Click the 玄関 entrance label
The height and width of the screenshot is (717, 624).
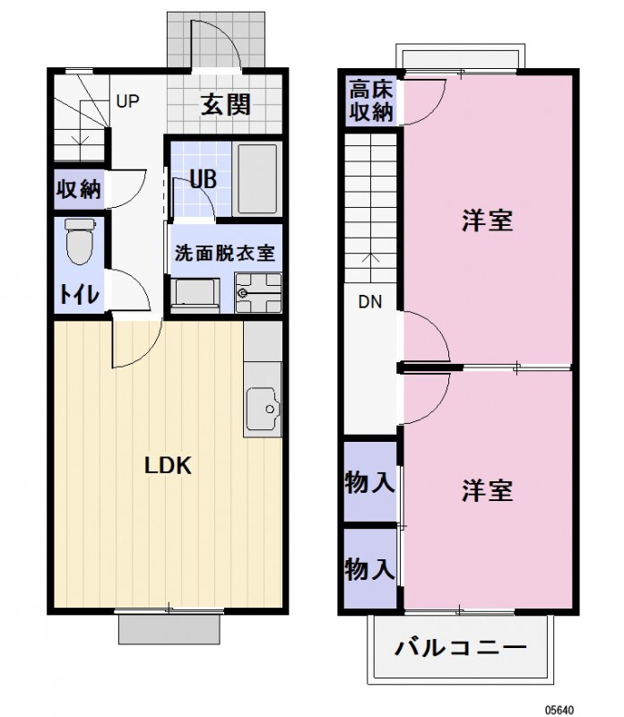(x=225, y=105)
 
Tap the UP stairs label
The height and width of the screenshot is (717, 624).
(x=127, y=100)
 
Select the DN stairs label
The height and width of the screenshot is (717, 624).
(x=370, y=302)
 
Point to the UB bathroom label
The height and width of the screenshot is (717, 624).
(x=204, y=178)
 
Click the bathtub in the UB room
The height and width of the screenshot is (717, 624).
(x=256, y=178)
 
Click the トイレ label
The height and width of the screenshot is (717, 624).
(x=79, y=295)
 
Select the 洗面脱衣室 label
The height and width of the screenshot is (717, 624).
(x=224, y=254)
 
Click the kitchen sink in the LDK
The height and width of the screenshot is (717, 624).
(x=264, y=411)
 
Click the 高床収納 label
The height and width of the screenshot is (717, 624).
(x=370, y=100)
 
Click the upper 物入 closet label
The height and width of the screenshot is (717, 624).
(x=369, y=483)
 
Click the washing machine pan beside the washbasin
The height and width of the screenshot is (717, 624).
(x=195, y=293)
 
